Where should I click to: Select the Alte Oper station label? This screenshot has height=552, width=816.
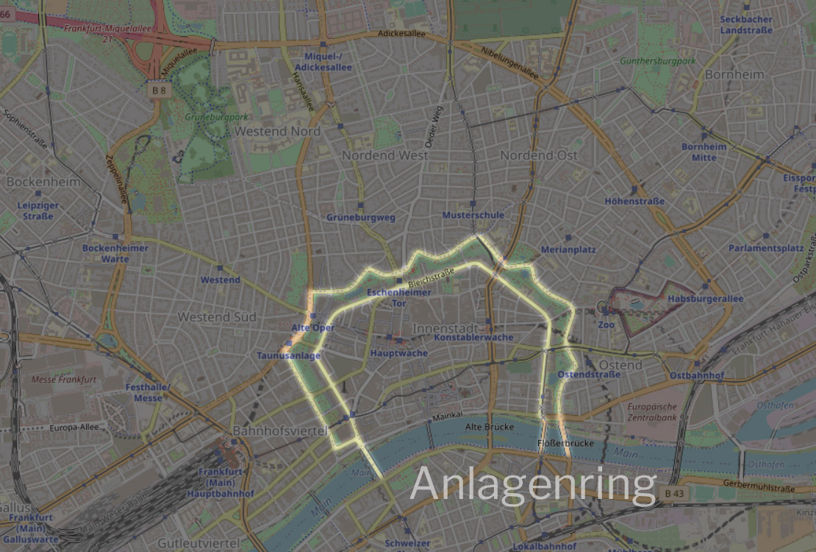[x=313, y=328]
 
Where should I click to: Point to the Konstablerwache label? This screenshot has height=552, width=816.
[x=473, y=337]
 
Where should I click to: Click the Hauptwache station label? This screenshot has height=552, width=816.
[x=399, y=353]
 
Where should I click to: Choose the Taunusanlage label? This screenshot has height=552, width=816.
[x=289, y=356]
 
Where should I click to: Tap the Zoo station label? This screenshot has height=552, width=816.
[x=606, y=325]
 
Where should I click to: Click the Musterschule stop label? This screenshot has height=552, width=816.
[x=473, y=215]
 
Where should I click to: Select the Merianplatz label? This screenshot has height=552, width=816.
[x=568, y=250]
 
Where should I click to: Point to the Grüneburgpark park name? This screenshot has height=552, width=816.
[x=216, y=117]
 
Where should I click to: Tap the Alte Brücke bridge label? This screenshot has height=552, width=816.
[x=489, y=427]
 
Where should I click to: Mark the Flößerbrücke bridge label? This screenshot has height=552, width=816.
[x=565, y=444]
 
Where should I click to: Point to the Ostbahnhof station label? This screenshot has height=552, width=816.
[x=697, y=375]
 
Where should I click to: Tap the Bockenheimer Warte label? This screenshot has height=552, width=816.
[x=115, y=253]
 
